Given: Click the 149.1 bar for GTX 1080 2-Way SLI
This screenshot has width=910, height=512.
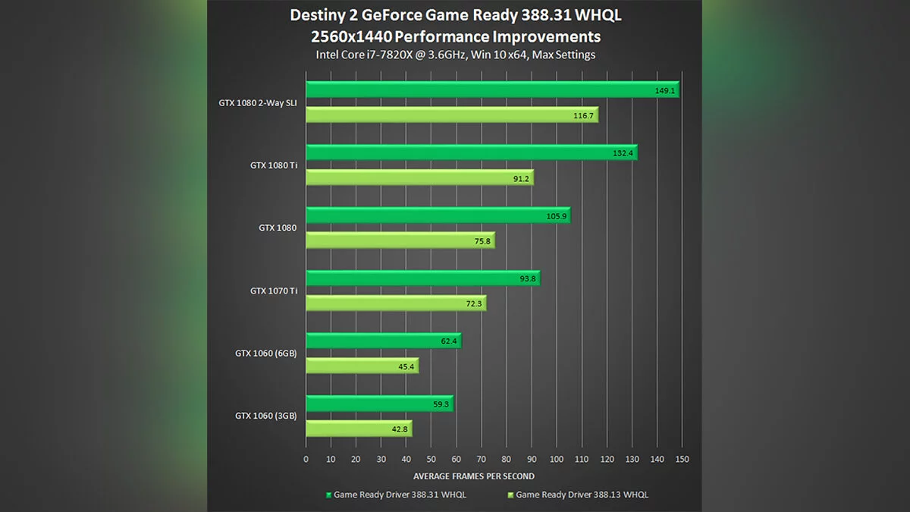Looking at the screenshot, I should pyautogui.click(x=491, y=90).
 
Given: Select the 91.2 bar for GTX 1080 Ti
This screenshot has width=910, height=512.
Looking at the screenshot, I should pyautogui.click(x=419, y=178).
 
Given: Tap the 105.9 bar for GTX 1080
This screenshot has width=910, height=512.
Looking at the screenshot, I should pyautogui.click(x=437, y=216).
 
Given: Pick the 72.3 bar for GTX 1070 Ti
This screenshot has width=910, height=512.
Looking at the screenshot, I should pyautogui.click(x=395, y=303).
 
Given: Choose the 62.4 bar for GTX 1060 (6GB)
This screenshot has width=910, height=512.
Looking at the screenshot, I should pyautogui.click(x=382, y=341).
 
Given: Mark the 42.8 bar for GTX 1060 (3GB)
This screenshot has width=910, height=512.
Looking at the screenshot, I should pyautogui.click(x=358, y=429).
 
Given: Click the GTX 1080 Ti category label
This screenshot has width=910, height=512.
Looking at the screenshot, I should pyautogui.click(x=273, y=165).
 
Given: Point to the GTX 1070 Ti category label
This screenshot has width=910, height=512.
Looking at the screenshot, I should pyautogui.click(x=273, y=291).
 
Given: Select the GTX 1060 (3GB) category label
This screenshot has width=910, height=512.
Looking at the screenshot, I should pyautogui.click(x=265, y=416).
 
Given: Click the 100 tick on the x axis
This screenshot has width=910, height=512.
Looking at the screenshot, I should pyautogui.click(x=557, y=459).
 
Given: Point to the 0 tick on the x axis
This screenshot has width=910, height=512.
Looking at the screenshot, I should pyautogui.click(x=306, y=459).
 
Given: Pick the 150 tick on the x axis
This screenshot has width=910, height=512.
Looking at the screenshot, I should pyautogui.click(x=682, y=459).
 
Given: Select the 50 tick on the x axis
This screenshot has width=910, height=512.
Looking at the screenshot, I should pyautogui.click(x=431, y=459).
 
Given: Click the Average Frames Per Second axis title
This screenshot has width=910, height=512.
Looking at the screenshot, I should pyautogui.click(x=473, y=476).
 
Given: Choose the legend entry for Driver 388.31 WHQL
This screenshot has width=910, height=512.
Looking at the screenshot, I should pyautogui.click(x=396, y=495).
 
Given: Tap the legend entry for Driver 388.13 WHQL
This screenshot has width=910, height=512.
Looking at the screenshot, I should pyautogui.click(x=577, y=495).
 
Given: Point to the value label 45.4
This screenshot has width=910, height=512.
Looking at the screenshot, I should pyautogui.click(x=404, y=367).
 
